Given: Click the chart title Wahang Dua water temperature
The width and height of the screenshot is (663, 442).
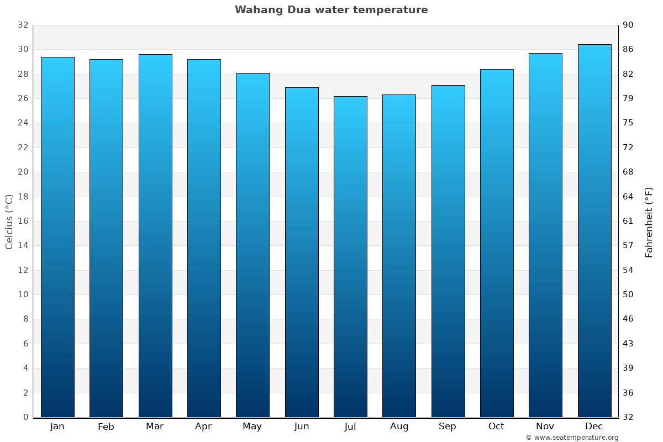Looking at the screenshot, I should tap(331, 10).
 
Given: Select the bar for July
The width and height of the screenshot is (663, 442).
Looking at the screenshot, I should tap(350, 257).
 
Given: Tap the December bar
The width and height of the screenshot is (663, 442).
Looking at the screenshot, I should tap(594, 231).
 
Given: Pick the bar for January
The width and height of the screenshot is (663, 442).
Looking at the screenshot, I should tap(57, 237).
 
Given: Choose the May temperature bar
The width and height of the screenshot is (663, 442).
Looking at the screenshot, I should tap(252, 245).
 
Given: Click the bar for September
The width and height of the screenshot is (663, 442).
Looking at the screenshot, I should tap(448, 251).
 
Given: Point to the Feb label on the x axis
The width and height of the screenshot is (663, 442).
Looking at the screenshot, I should tap(106, 427).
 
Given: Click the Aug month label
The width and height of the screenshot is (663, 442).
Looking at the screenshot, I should tap(399, 427).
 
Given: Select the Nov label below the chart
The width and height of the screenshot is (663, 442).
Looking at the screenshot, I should tap(545, 427).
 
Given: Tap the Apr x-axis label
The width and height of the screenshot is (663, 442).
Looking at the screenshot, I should tap(203, 427).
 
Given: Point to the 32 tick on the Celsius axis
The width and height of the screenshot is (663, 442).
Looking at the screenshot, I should tap(23, 25).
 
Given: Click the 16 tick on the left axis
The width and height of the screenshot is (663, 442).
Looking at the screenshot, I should tap(23, 221).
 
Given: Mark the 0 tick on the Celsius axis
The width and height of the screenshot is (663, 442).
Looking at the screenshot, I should tap(25, 417).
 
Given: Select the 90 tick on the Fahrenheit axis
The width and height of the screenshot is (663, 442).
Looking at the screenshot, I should tap(628, 25).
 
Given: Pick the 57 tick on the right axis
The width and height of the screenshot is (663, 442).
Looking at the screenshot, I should tap(628, 245).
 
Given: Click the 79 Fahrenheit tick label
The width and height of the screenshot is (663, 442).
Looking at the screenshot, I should tap(628, 98).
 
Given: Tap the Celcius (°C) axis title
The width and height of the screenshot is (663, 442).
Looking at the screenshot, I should tap(9, 221).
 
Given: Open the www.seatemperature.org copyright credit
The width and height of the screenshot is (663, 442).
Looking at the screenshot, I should tap(572, 438).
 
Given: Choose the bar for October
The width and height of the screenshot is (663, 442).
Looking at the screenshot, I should tap(497, 243).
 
